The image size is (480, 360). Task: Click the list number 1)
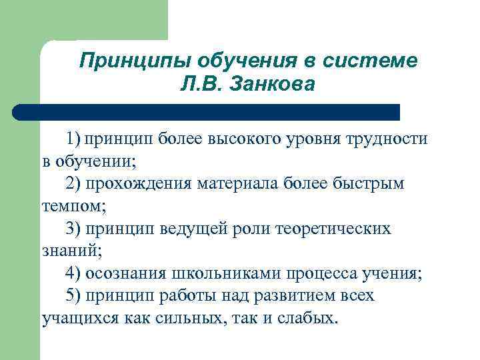75,139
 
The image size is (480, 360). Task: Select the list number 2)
75,183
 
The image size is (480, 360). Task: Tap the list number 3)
75,229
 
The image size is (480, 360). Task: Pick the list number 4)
75,273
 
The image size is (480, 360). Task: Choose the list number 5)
75,295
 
